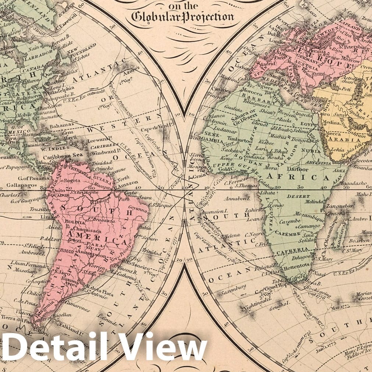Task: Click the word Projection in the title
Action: click(x=211, y=17)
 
